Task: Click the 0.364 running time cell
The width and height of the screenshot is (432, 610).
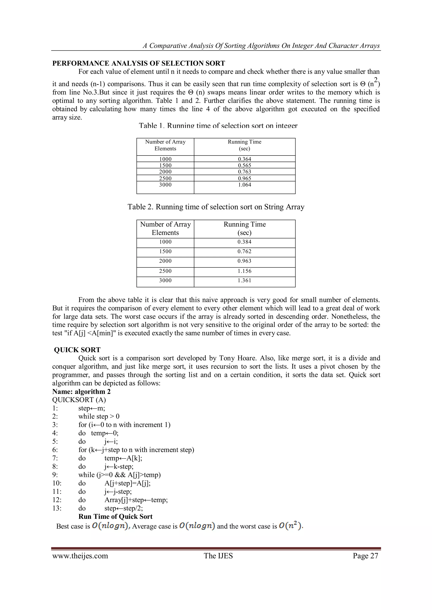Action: tap(244, 159)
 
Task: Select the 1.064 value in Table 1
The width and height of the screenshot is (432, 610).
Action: tap(244, 185)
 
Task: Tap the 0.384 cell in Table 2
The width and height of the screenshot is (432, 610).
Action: tap(244, 242)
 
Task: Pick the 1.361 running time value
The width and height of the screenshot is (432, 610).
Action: tap(244, 280)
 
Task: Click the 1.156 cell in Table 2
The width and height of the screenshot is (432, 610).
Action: tap(244, 271)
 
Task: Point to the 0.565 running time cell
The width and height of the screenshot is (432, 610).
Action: tap(244, 165)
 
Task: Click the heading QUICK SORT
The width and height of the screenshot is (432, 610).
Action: tap(77, 350)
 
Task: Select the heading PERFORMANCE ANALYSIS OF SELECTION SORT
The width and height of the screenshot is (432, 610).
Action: tap(139, 63)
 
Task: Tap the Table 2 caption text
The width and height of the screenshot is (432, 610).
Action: tap(216, 207)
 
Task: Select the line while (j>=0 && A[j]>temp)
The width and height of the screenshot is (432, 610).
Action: tap(119, 475)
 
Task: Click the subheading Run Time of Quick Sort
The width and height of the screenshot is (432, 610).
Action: tap(115, 517)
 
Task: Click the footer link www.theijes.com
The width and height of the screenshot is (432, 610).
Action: tap(80, 556)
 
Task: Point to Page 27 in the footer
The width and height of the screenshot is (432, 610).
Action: tap(365, 556)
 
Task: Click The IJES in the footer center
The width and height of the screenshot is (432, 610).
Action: tap(218, 556)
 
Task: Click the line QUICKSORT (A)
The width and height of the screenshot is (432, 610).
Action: tap(79, 400)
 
